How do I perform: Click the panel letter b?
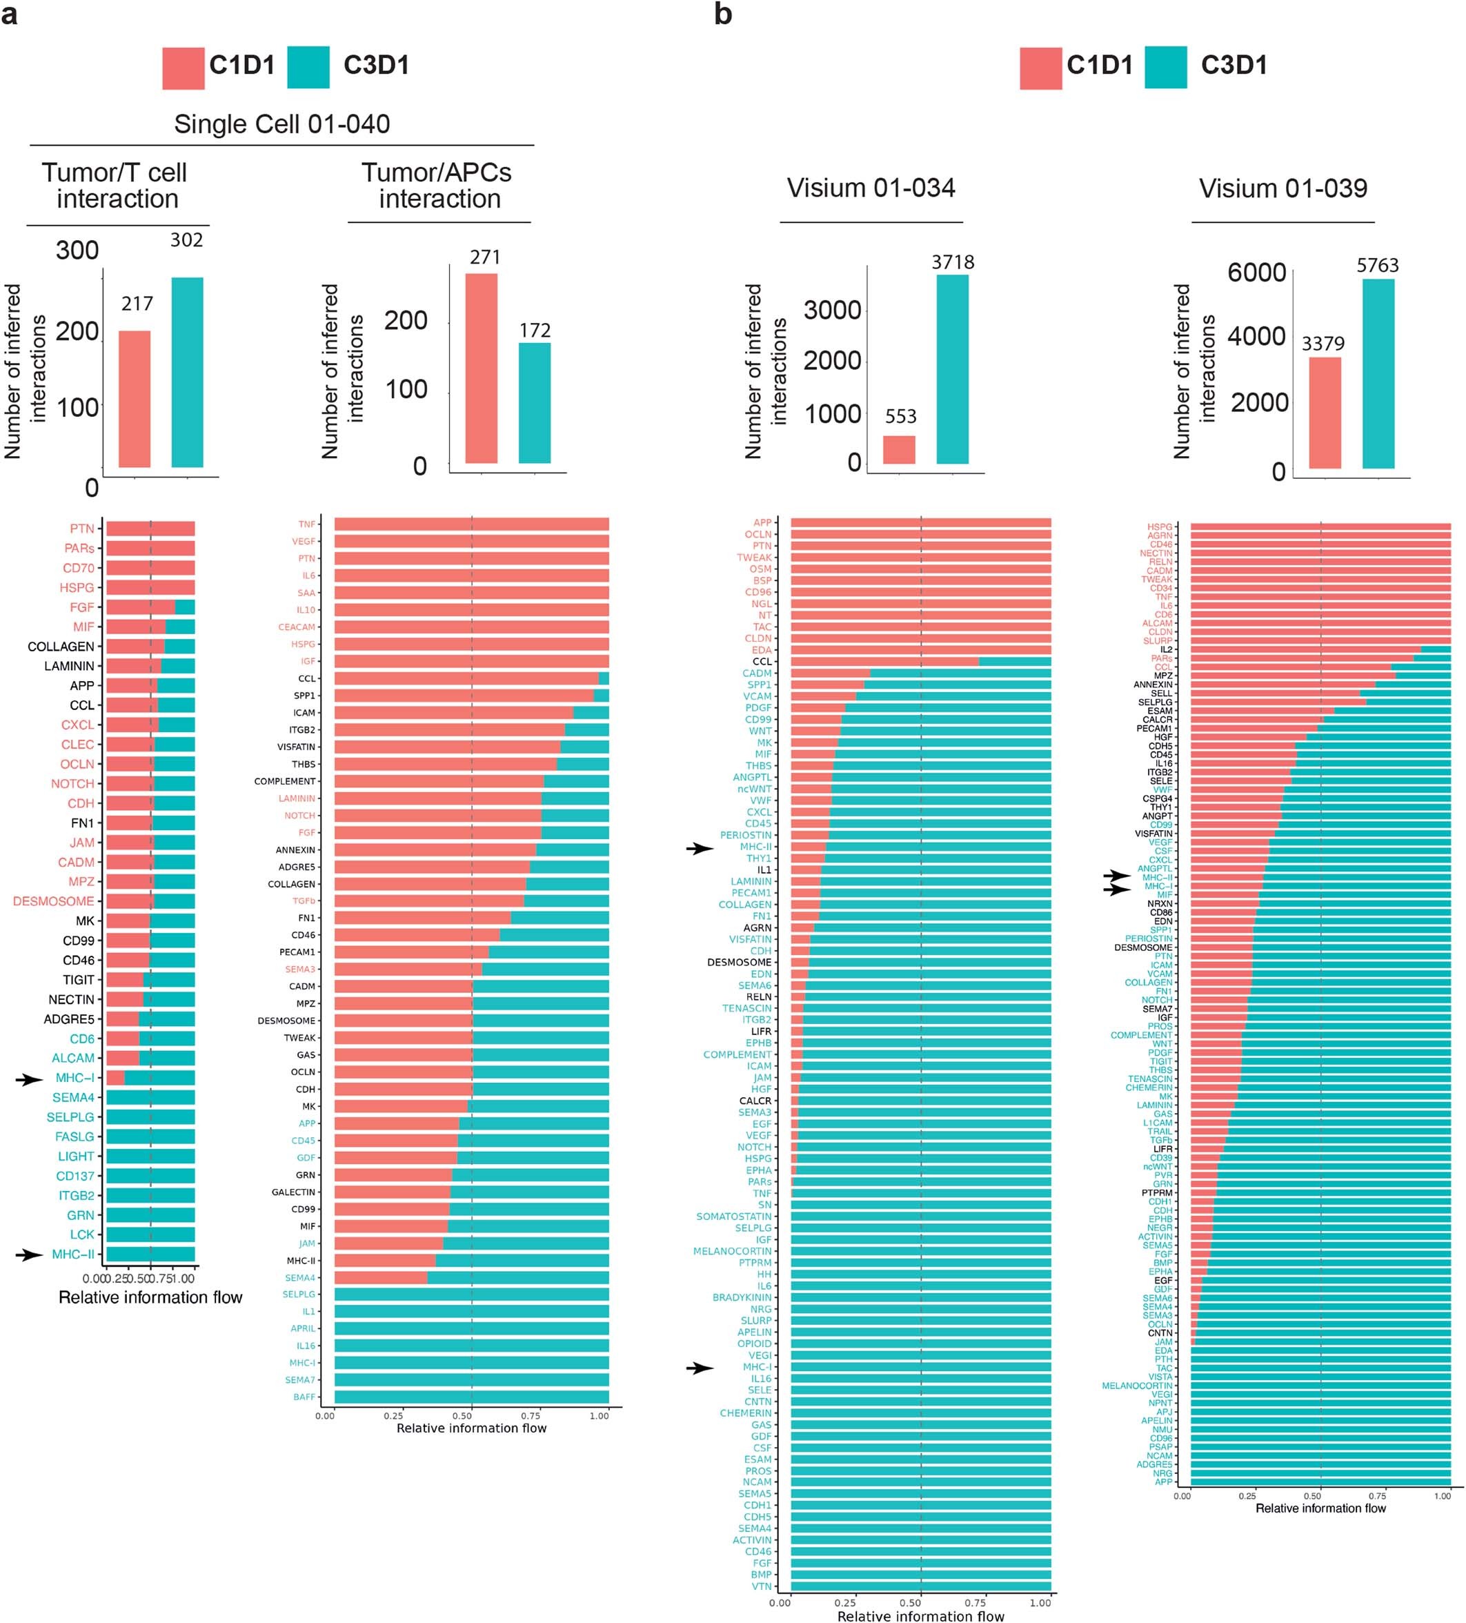point(722,14)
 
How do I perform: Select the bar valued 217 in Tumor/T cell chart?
point(135,399)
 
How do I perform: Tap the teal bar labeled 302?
point(187,372)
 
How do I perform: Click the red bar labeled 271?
point(481,368)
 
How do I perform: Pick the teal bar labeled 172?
point(534,402)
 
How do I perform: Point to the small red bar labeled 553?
point(898,449)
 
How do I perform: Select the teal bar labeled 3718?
point(951,368)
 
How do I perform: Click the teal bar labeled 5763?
point(1378,373)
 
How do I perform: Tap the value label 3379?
point(1323,344)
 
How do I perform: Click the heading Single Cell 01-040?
point(281,124)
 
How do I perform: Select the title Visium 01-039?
point(1282,188)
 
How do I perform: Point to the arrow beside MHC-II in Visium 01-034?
point(700,847)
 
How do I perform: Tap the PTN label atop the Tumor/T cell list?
point(81,529)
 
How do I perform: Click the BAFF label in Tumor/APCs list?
point(304,1397)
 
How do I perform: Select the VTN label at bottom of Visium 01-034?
point(761,1586)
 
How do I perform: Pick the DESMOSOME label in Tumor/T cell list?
point(53,901)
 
